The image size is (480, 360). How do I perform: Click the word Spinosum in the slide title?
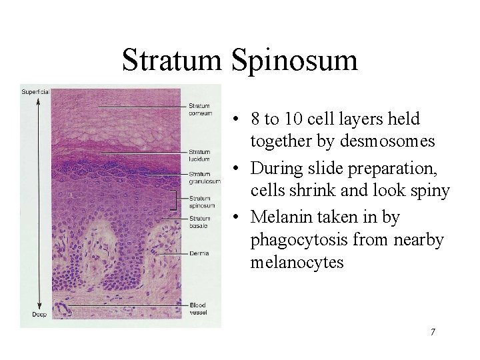coord(295,61)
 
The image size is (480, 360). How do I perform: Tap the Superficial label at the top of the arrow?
coord(35,91)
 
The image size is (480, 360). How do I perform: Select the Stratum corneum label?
coord(200,109)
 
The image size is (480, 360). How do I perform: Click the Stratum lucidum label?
coord(199,155)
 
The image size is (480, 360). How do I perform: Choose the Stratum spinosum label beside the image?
coord(201,201)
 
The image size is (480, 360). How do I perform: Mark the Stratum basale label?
coord(200,221)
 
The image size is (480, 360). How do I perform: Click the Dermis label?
coord(198,254)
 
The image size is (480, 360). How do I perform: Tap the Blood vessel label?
coord(199,307)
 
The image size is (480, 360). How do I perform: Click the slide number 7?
coord(433,331)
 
